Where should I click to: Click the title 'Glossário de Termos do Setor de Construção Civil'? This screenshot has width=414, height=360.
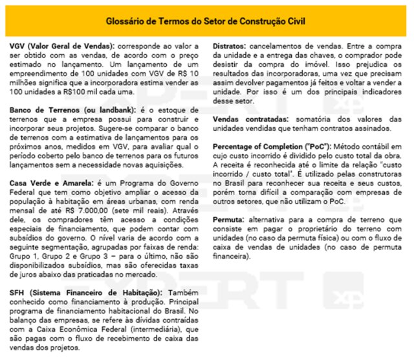click(206, 22)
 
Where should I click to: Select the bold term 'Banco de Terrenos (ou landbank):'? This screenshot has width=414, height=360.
click(68, 111)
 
